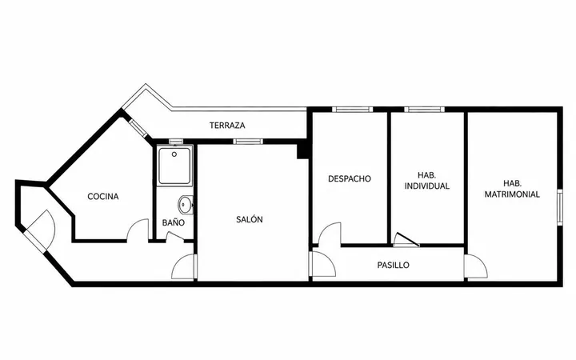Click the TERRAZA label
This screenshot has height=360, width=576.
(227, 126)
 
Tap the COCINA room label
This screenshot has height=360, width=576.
(103, 197)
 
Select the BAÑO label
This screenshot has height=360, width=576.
(174, 222)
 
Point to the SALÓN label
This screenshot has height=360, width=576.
(250, 220)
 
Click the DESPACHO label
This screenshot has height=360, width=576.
(350, 179)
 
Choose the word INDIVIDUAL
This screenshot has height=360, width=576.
(427, 186)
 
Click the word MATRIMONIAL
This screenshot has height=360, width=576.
(512, 194)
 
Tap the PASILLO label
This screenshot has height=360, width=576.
(393, 266)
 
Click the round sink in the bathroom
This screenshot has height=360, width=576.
(186, 205)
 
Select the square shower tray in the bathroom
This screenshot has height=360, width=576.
(174, 166)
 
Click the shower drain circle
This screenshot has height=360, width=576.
(174, 154)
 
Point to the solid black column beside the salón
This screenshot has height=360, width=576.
(302, 151)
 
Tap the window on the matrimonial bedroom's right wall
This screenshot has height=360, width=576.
(560, 207)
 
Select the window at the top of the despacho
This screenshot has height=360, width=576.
(352, 109)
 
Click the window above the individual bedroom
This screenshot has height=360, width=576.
(424, 109)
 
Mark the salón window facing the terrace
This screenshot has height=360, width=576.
(248, 142)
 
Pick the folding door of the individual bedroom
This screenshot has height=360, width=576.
(406, 239)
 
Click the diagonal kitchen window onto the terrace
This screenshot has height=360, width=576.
(138, 126)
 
